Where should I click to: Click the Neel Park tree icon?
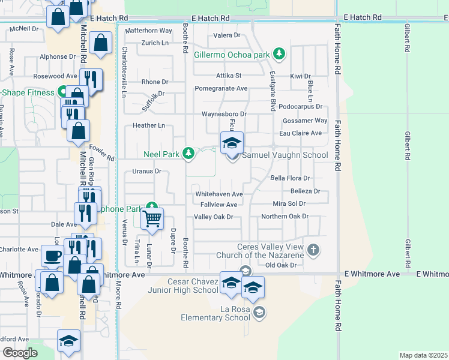click(x=189, y=154)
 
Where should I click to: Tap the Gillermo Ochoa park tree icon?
click(x=279, y=55)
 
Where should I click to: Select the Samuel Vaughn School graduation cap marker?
click(x=232, y=143)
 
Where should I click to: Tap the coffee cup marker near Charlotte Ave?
click(x=52, y=256)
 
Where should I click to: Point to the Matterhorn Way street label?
click(x=149, y=30)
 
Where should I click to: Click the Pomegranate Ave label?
click(x=221, y=88)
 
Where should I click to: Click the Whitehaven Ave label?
click(x=218, y=194)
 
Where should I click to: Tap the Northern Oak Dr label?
click(x=285, y=216)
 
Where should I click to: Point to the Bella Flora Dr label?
click(x=289, y=178)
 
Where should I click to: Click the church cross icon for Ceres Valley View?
click(x=313, y=249)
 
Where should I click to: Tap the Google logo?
click(x=20, y=353)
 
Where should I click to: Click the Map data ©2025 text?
click(x=423, y=355)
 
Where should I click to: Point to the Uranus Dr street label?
click(x=147, y=171)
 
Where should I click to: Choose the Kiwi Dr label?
click(x=300, y=76)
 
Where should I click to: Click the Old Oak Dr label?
click(x=281, y=265)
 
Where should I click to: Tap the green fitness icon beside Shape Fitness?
click(x=62, y=92)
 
